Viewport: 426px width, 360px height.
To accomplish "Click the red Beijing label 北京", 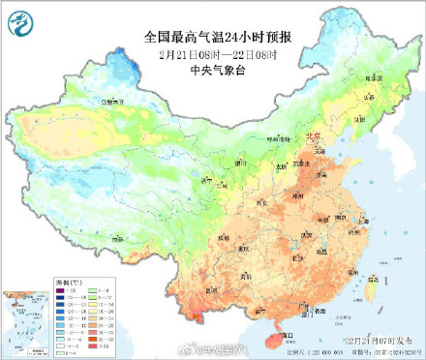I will [x=313, y=137].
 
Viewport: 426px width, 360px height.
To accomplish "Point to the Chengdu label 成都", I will [x=225, y=233].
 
